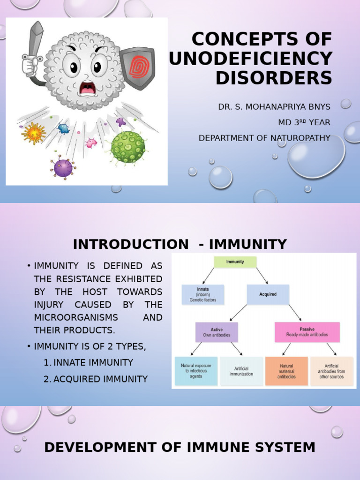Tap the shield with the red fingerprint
tap(136, 68)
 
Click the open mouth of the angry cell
tap(87, 88)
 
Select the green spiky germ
tap(127, 147)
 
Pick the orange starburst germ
tap(34, 133)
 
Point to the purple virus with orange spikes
tap(63, 167)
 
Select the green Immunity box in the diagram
tap(235, 262)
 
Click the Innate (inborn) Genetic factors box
tap(203, 294)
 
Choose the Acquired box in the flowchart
tap(268, 294)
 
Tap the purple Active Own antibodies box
tap(217, 332)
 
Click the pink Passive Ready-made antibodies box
tap(307, 332)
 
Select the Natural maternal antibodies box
tap(286, 371)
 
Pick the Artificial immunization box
tap(241, 371)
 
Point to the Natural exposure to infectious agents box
tap(195, 371)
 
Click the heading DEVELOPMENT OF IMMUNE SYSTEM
tap(180, 448)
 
